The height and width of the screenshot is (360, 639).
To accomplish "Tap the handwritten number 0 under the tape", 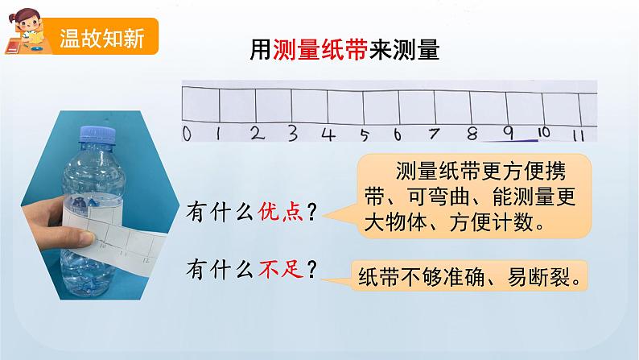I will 187,134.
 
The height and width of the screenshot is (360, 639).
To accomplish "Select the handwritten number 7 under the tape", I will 435,133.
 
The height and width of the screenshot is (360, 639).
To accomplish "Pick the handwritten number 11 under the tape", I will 577,134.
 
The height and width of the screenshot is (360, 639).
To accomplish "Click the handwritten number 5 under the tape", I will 365,134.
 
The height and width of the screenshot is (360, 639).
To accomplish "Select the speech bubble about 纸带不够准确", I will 470,276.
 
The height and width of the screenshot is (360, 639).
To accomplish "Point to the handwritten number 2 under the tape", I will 257,133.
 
